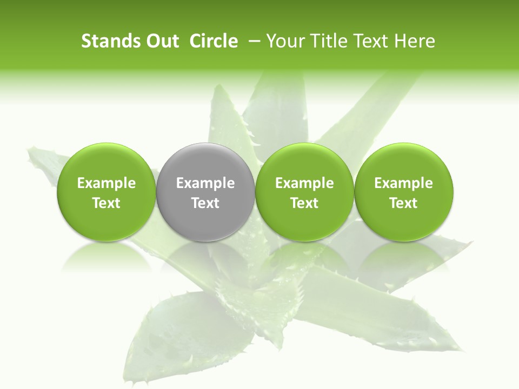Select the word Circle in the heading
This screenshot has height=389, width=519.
click(x=214, y=41)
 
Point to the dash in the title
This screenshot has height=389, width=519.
click(x=255, y=41)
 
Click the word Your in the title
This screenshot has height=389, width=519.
click(x=285, y=41)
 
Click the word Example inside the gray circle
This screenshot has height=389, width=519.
click(x=205, y=183)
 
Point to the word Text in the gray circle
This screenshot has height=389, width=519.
click(x=205, y=203)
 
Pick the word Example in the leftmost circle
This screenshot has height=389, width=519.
click(x=107, y=183)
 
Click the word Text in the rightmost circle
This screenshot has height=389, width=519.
click(x=404, y=203)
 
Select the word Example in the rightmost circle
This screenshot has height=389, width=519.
click(x=404, y=183)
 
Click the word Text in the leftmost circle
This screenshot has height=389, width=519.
click(x=107, y=203)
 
